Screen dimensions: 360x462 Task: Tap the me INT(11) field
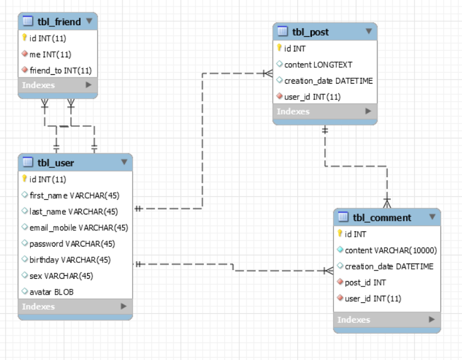pyautogui.click(x=50, y=54)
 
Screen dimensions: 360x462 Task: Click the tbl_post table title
pyautogui.click(x=310, y=32)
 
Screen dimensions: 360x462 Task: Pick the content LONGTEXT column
pyautogui.click(x=318, y=64)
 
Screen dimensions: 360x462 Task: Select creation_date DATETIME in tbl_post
pyautogui.click(x=328, y=81)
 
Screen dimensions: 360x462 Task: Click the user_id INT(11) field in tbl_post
pyautogui.click(x=312, y=96)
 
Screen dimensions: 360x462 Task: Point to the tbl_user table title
pyautogui.click(x=56, y=162)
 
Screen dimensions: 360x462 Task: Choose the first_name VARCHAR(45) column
pyautogui.click(x=74, y=195)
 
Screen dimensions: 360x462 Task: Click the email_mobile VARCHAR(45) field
pyautogui.click(x=79, y=227)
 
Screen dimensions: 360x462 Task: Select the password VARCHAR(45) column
pyautogui.click(x=72, y=244)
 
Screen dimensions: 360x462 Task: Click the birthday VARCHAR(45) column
pyautogui.click(x=70, y=259)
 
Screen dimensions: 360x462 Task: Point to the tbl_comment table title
pyautogui.click(x=382, y=217)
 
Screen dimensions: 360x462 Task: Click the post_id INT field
pyautogui.click(x=365, y=282)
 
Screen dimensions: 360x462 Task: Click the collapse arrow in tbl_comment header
pyautogui.click(x=432, y=217)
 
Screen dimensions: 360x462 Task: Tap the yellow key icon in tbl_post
pyautogui.click(x=280, y=48)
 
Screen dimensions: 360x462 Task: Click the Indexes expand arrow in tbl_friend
pyautogui.click(x=89, y=85)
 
